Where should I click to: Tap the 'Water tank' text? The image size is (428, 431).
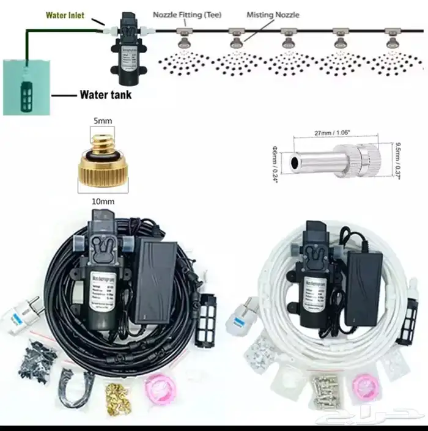pos(105,95)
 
